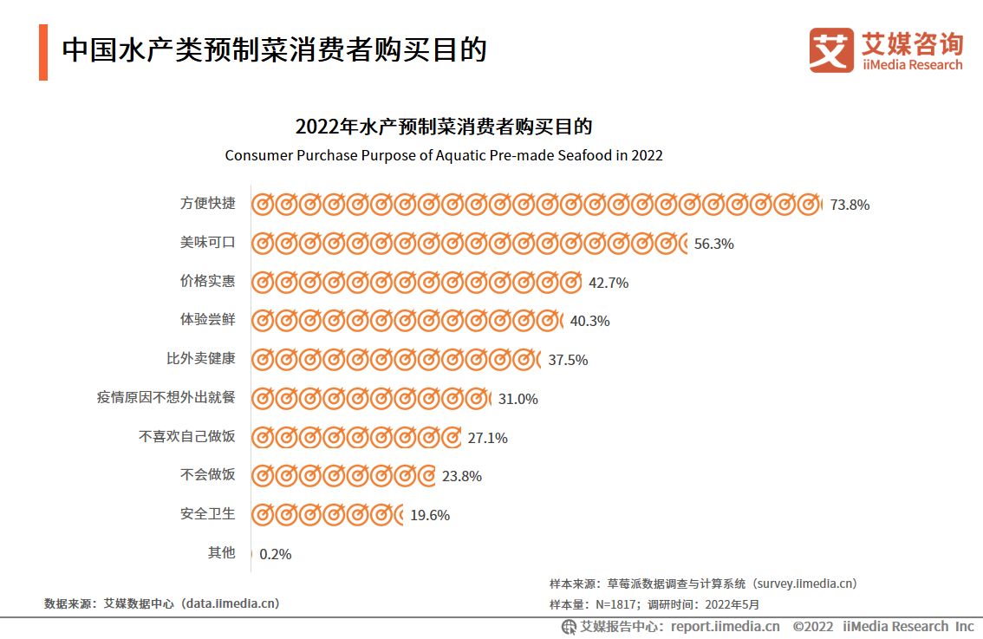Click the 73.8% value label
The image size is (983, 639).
850,205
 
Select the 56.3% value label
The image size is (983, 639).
714,245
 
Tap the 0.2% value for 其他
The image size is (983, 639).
276,554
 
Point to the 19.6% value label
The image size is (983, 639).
430,515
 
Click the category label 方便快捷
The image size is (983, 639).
207,204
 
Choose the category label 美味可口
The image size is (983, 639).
207,243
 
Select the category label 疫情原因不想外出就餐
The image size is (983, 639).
166,398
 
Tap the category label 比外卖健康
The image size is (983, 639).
200,359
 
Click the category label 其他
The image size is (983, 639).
221,552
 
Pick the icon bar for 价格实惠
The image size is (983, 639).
416,283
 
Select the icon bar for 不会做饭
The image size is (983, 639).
343,476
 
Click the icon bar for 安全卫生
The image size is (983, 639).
328,515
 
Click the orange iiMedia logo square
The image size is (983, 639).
831,50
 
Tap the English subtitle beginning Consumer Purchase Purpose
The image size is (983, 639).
444,155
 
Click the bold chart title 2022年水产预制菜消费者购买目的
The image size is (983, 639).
444,127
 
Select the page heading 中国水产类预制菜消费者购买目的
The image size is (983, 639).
274,50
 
